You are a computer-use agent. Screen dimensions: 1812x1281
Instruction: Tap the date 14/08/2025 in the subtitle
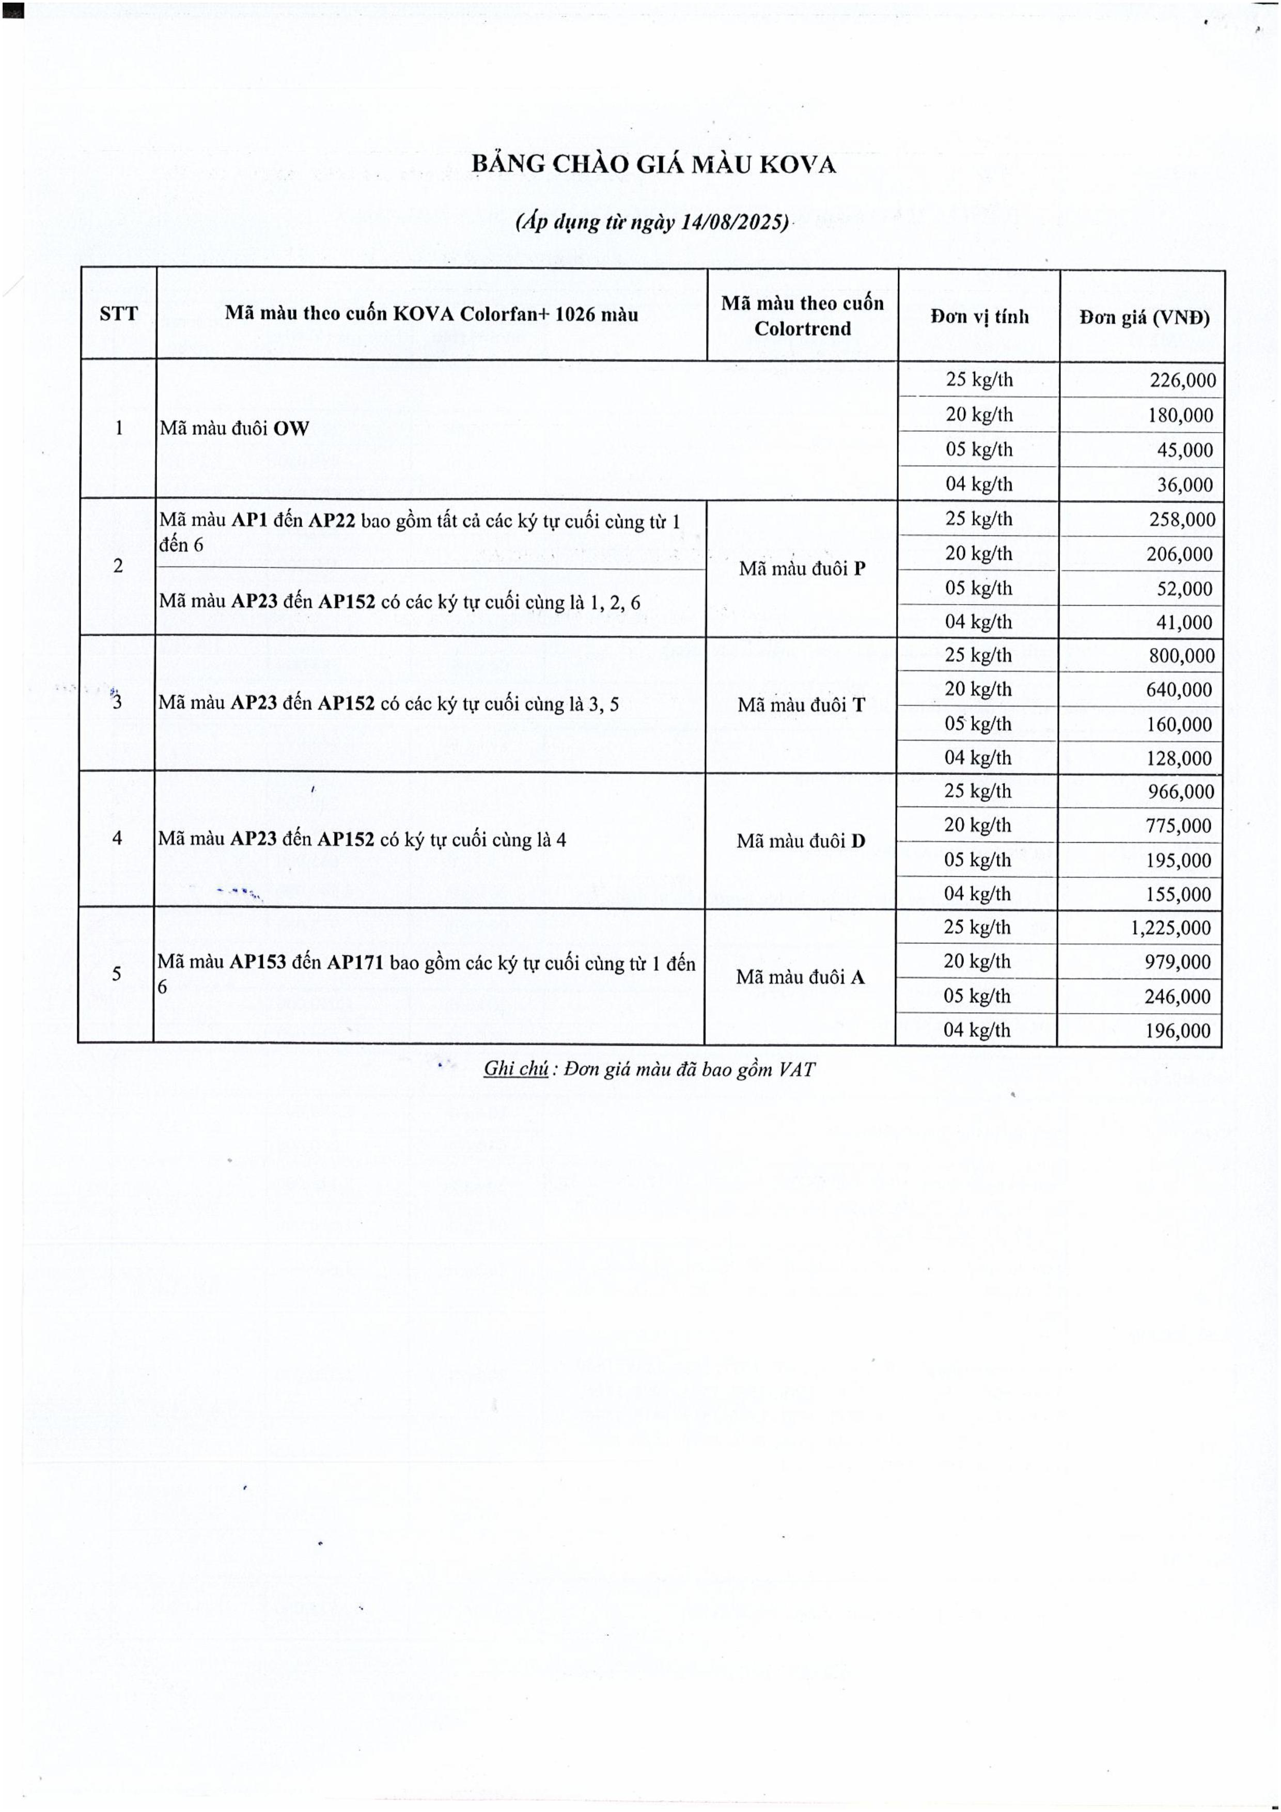(733, 222)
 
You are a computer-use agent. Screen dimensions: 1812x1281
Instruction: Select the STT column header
(118, 314)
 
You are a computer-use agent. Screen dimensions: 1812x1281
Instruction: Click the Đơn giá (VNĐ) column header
(1144, 317)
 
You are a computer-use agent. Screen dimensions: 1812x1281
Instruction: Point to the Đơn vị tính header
(979, 317)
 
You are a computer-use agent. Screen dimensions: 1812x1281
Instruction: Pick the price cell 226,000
(1181, 381)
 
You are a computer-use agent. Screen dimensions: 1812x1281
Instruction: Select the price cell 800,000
(1181, 655)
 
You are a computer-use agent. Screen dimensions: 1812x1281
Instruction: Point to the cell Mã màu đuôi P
(802, 568)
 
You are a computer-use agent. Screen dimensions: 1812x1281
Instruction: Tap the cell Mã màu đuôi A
(800, 977)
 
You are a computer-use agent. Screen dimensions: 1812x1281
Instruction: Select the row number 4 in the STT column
(117, 838)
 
